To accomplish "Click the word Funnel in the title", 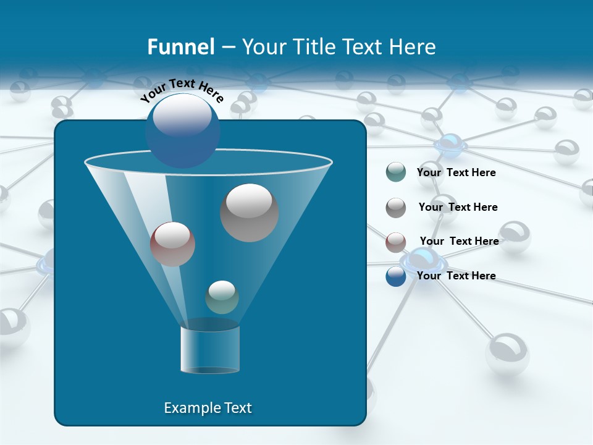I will tap(181, 47).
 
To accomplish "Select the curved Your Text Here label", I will tap(182, 90).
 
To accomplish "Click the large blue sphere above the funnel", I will tap(182, 130).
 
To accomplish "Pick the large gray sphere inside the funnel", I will tap(250, 213).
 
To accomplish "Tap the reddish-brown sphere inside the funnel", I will tap(172, 244).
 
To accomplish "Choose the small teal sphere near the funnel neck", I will tap(222, 297).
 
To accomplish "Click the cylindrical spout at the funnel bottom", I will tap(210, 349).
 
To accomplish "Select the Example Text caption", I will tap(208, 408).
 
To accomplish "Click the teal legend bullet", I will tap(396, 172).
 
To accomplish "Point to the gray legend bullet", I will tap(396, 208).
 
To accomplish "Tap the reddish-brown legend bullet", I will tap(396, 242).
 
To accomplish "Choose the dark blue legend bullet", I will tap(396, 276).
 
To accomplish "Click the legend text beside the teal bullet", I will tap(456, 172).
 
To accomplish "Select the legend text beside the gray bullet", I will tap(458, 207).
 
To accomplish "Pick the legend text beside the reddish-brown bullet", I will tap(459, 241).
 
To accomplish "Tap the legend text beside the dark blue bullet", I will tap(456, 276).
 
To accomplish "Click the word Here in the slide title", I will tap(413, 47).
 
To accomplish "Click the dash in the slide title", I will tap(227, 47).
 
